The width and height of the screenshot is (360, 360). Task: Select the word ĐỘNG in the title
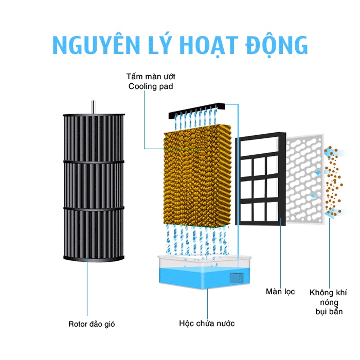click(x=276, y=45)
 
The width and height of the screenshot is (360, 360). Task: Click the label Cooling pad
click(x=151, y=86)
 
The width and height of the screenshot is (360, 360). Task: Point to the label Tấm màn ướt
click(x=151, y=76)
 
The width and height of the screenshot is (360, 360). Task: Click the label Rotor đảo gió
click(x=92, y=324)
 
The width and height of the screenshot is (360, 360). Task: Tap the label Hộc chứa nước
click(x=207, y=323)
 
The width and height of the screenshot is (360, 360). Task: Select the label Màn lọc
click(x=280, y=292)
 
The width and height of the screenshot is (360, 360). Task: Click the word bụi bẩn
click(x=329, y=312)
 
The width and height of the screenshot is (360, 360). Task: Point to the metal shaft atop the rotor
click(x=93, y=107)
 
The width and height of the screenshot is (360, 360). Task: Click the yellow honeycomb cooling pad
click(x=197, y=176)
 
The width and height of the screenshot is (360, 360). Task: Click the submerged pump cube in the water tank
click(x=237, y=278)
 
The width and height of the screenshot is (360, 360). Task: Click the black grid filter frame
click(x=261, y=178)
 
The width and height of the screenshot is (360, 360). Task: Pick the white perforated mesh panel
click(x=305, y=179)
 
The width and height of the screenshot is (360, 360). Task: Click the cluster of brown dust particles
click(x=333, y=181)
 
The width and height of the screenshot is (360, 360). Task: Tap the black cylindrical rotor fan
click(x=94, y=187)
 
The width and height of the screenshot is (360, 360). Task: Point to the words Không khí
click(x=328, y=293)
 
